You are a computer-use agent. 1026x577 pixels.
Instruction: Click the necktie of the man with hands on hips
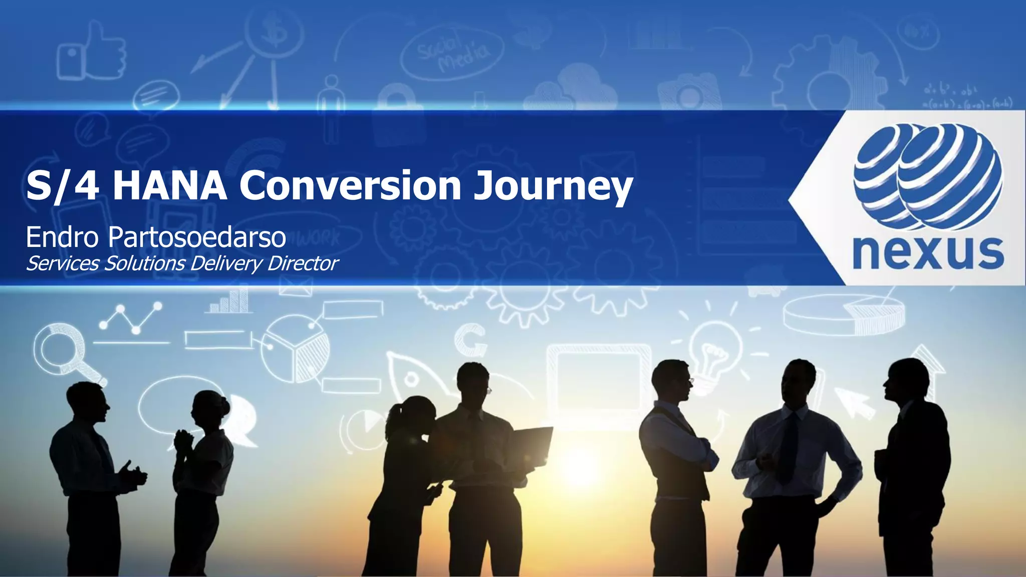788,446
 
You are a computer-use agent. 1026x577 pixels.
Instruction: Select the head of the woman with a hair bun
209,408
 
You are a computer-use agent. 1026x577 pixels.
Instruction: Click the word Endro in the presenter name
62,237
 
